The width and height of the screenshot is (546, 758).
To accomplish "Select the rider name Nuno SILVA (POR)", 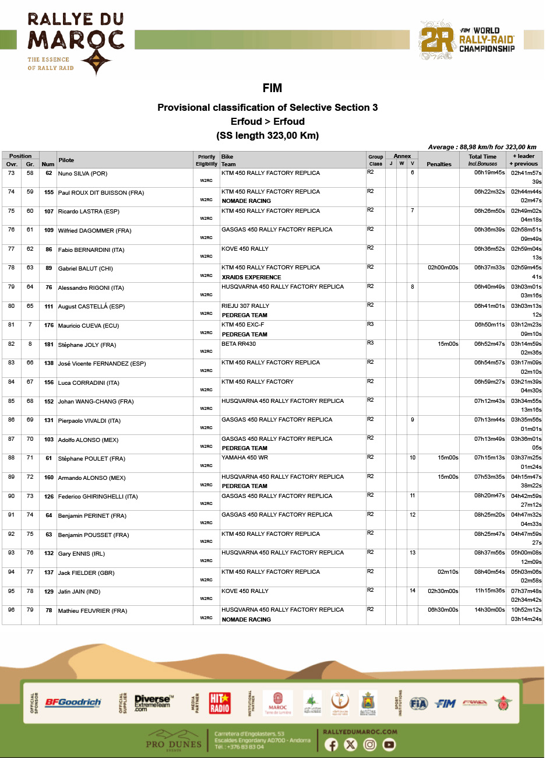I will (83, 174).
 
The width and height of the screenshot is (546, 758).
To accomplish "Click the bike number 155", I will (49, 192).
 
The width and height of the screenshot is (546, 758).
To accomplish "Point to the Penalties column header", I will (439, 164).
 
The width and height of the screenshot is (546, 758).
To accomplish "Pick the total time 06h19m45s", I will (489, 173).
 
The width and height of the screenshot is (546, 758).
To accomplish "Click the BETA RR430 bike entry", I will (238, 344).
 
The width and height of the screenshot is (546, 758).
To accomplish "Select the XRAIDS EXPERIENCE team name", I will (251, 278).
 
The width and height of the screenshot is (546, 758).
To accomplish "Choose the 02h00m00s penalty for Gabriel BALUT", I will (443, 268).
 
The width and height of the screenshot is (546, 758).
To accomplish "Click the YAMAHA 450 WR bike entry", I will (245, 458).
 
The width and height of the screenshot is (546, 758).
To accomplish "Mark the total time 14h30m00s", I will (489, 610).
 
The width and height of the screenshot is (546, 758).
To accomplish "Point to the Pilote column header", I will (66, 160).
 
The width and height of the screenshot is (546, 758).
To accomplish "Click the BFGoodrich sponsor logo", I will (73, 703).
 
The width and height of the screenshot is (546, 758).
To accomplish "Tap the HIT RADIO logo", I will (220, 703).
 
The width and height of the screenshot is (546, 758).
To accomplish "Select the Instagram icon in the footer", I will (370, 745).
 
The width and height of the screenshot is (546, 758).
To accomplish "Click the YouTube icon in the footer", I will (389, 745).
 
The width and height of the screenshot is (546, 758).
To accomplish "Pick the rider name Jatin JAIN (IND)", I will (79, 592).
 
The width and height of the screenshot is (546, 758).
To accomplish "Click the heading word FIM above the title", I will (272, 88).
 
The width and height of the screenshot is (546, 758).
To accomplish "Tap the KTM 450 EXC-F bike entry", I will (242, 325).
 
